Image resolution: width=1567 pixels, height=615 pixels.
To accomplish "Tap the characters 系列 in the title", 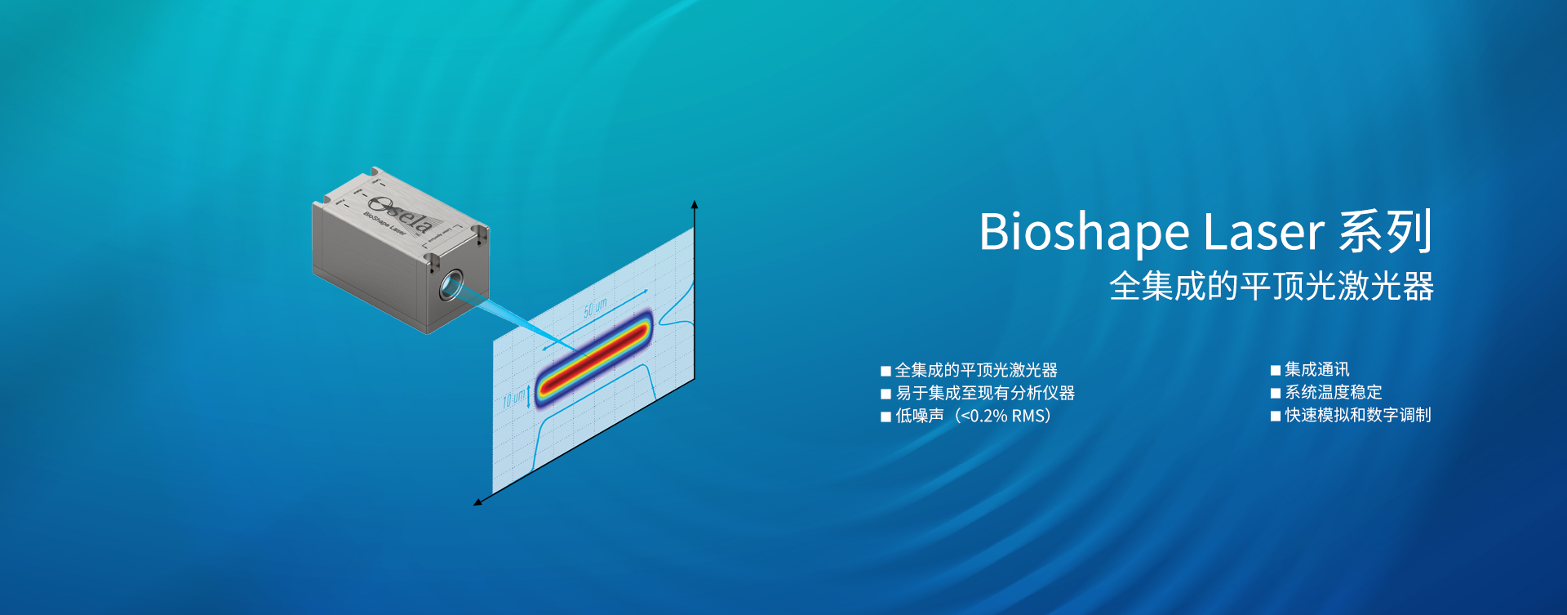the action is (1385, 231).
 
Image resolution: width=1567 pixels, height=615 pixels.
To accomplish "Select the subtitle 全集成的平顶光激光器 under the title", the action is (1271, 287).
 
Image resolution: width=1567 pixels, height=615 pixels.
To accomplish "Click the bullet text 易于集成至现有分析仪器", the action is (985, 393).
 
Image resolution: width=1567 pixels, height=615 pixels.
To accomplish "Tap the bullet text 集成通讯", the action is (1316, 369).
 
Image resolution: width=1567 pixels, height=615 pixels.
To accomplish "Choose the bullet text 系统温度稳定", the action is (1333, 392).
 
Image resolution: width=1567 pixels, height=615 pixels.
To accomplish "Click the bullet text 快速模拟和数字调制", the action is (1357, 415).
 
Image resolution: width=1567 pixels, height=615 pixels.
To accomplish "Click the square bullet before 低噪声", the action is (886, 417).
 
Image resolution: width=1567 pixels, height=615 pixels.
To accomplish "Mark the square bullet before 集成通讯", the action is (1276, 370).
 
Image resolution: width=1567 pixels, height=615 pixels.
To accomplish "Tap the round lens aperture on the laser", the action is (451, 285).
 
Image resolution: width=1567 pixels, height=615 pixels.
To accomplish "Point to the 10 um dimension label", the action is (513, 399).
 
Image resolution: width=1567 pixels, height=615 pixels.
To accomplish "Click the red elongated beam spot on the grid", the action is (593, 356).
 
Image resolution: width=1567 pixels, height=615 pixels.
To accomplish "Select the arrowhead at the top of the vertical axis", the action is (695, 204).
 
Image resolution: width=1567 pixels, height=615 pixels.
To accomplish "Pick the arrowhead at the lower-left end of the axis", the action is (478, 502).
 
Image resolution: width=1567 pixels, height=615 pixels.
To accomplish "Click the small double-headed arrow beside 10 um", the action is (529, 395).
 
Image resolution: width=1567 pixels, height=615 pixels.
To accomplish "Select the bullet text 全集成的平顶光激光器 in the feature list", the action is (976, 370).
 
